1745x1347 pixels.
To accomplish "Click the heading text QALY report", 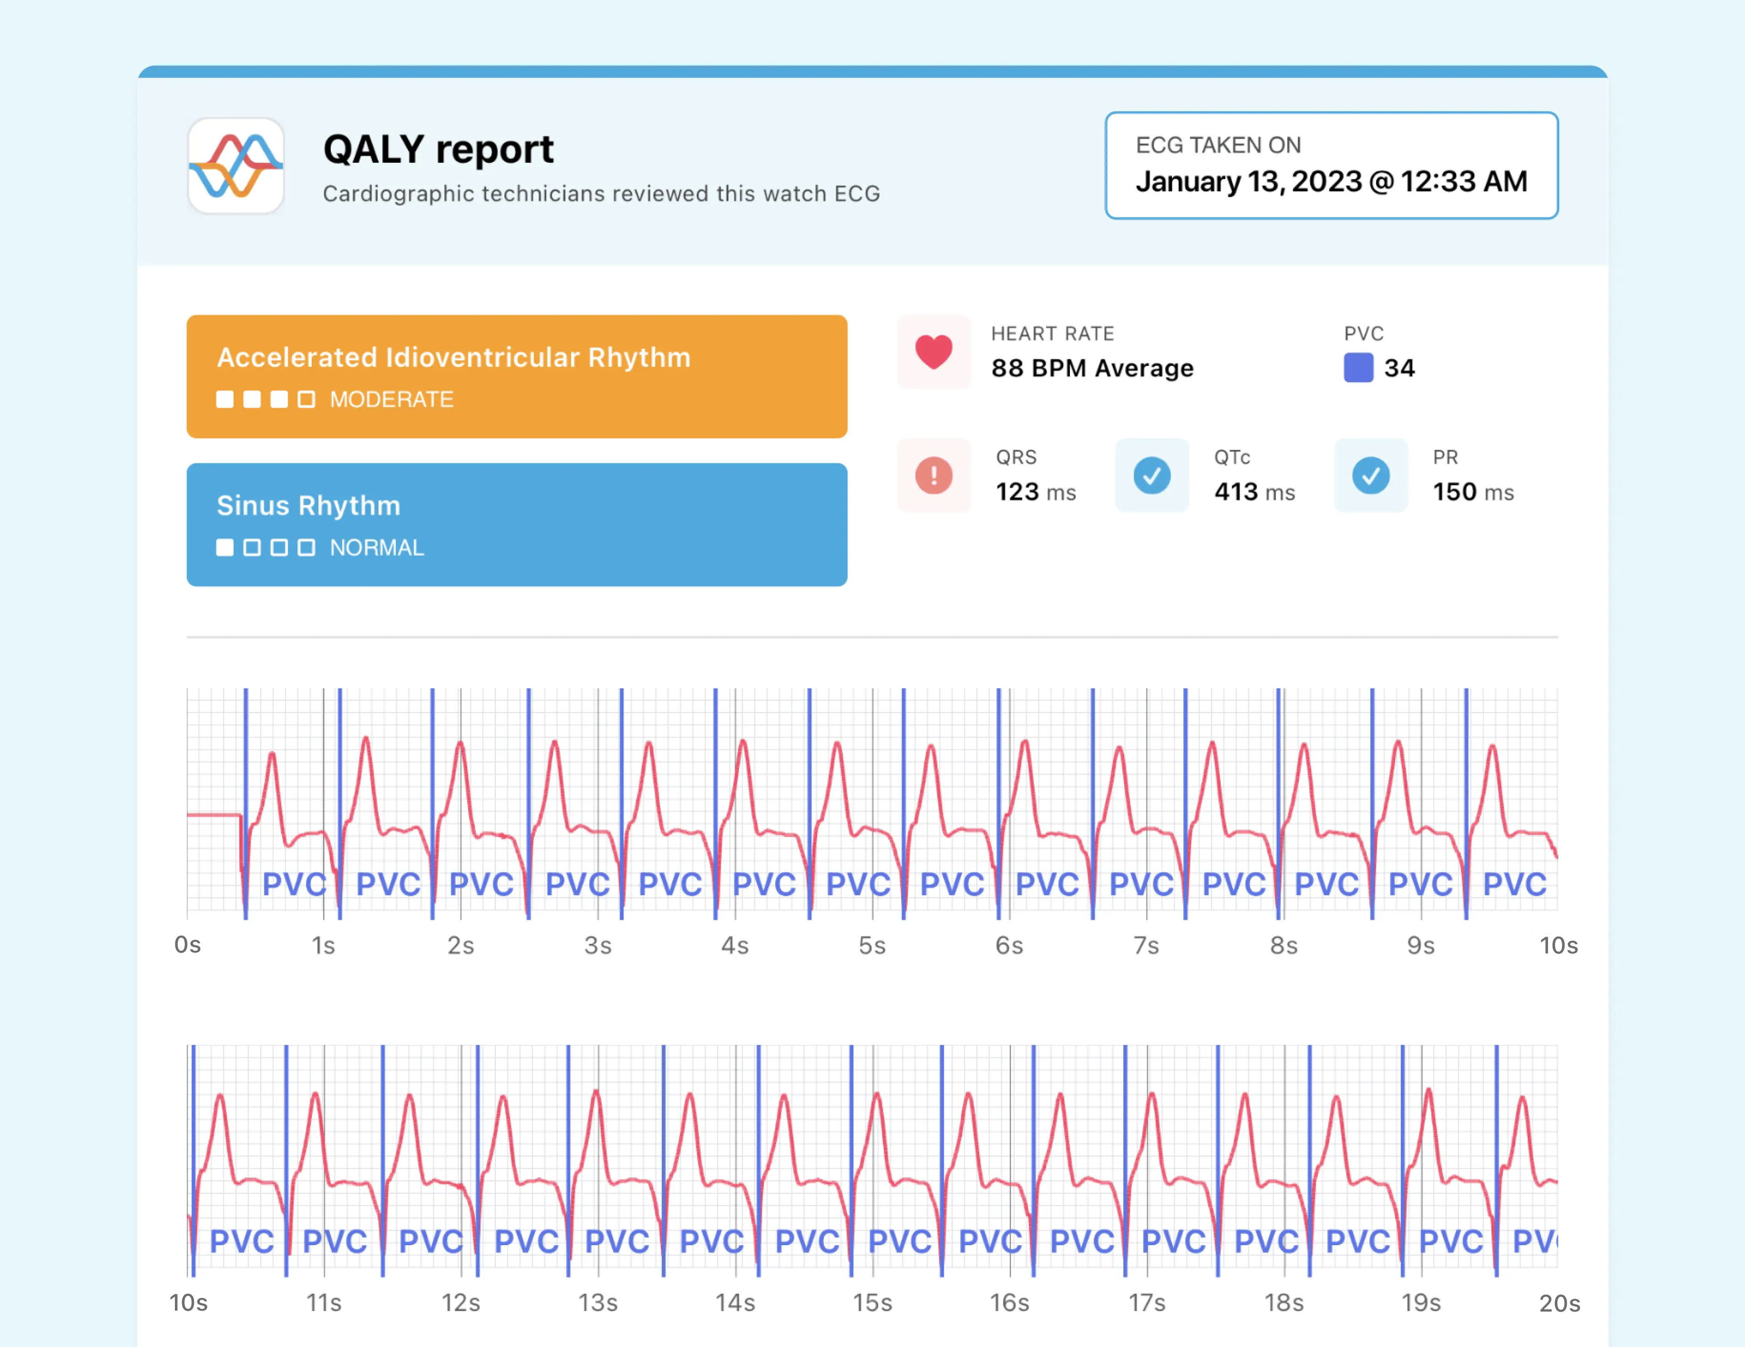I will coord(438,150).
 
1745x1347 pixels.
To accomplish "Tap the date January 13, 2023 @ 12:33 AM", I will coord(1331,181).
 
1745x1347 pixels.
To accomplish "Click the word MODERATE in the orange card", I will coord(392,399).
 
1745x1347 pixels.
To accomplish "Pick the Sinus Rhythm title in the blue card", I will coord(309,506).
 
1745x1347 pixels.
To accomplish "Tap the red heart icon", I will coord(933,352).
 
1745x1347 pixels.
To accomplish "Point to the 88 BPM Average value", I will coord(1092,368).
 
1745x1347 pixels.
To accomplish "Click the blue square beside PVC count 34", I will coord(1357,368).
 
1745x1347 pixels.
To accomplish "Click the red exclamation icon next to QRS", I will coord(933,475).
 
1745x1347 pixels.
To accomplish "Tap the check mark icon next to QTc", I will coord(1152,475).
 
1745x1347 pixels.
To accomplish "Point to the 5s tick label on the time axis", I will coord(872,946).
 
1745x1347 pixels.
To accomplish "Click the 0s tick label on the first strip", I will coord(188,945).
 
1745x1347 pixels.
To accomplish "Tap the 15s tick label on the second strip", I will coord(872,1303).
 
